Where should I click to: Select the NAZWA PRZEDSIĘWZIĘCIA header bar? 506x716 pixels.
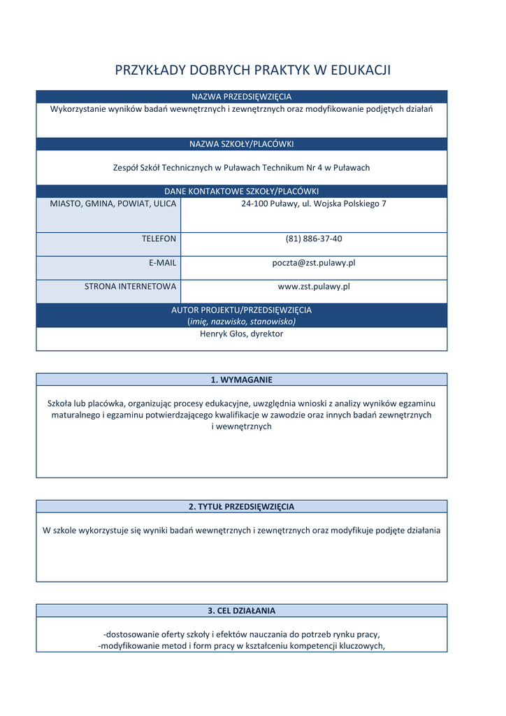point(241,96)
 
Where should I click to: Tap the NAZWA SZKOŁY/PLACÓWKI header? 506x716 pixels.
point(241,144)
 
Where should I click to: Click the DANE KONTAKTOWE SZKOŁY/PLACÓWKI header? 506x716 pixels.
point(241,191)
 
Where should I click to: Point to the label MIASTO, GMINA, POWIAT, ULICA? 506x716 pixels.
point(113,203)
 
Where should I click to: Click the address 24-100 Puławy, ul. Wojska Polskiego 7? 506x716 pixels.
point(313,203)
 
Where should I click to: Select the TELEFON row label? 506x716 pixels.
point(159,238)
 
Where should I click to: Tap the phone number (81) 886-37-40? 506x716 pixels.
point(313,238)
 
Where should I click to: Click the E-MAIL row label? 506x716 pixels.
point(162,262)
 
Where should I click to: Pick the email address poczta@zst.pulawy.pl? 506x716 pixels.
point(313,262)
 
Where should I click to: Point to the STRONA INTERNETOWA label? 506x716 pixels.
point(130,286)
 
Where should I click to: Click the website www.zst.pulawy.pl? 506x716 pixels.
point(313,286)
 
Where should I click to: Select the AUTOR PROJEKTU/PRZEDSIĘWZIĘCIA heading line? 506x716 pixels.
point(241,310)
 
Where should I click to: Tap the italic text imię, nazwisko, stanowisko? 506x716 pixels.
point(241,322)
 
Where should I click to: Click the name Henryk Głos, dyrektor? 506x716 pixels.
point(241,334)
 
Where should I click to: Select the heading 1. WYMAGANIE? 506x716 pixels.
point(241,380)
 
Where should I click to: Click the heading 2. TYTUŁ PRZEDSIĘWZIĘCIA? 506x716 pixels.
point(241,506)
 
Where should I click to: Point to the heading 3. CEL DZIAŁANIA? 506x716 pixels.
point(241,610)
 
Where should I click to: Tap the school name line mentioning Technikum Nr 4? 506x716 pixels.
point(241,168)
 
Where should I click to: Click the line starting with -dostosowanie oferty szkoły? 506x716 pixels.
point(241,634)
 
